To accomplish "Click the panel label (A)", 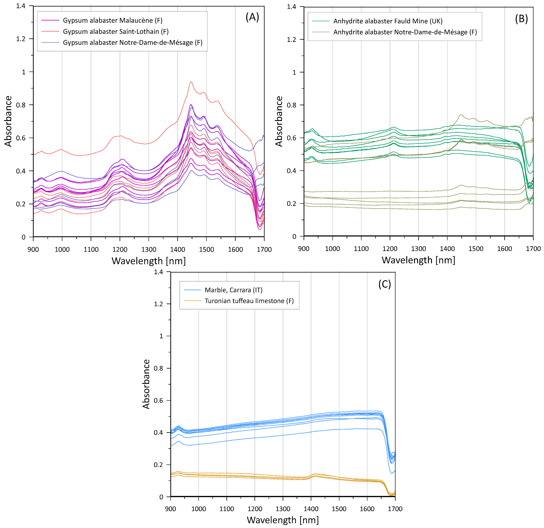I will [x=252, y=17].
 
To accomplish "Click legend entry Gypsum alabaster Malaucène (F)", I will [x=112, y=20].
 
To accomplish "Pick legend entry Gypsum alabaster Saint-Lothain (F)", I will [x=115, y=31].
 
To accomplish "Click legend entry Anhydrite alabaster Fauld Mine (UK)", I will [x=388, y=21].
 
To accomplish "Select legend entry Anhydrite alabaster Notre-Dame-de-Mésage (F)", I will [x=405, y=32].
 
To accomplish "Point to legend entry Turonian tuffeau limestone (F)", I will [x=249, y=301].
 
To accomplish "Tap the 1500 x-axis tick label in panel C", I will [x=339, y=509].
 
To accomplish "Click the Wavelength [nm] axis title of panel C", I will [x=283, y=520].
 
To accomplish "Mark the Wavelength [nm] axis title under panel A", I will [x=149, y=261].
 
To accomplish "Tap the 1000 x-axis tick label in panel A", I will [x=62, y=249].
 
